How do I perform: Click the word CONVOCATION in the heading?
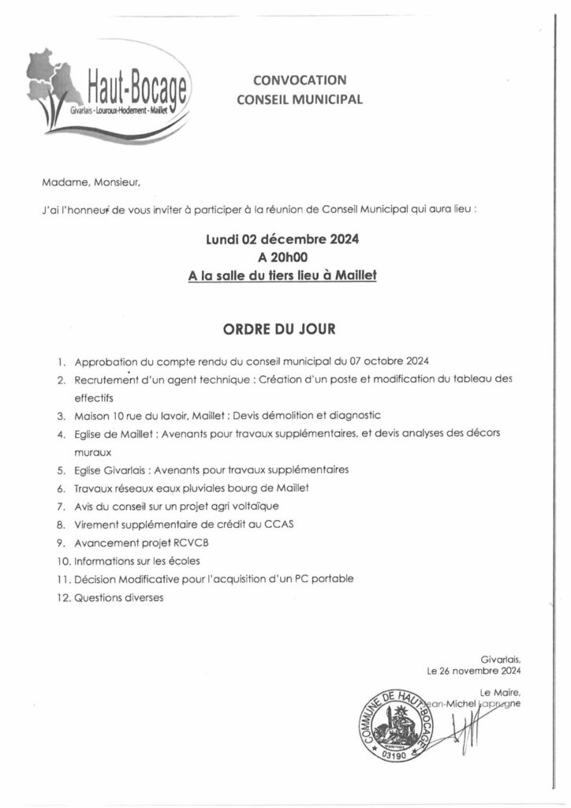point(300,80)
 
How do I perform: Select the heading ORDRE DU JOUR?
point(285,327)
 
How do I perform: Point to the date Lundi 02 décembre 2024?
point(285,239)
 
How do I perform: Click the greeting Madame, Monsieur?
point(91,183)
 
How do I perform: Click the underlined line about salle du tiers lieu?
point(285,276)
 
